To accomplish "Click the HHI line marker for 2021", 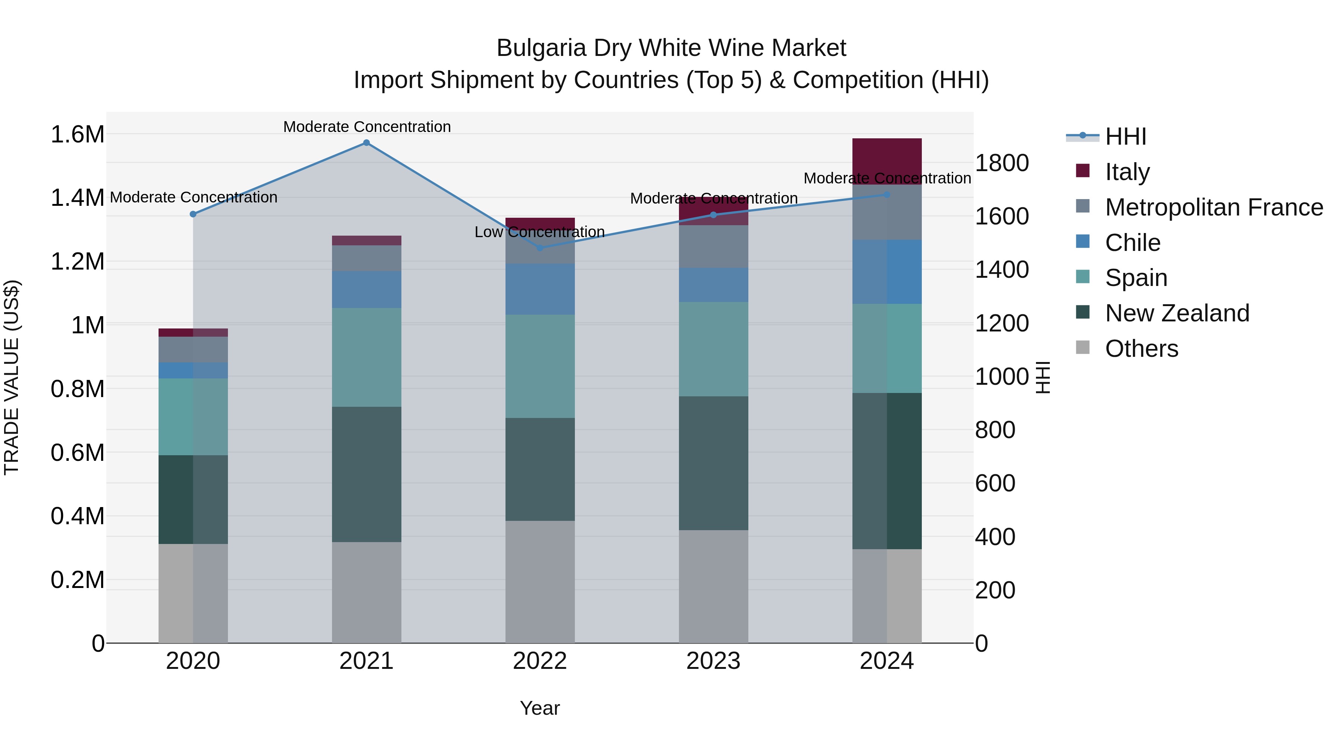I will click(366, 143).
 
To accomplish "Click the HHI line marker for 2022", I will click(540, 248).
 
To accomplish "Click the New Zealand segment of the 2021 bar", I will click(366, 474).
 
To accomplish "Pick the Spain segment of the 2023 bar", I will click(713, 349).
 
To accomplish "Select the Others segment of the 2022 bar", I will click(540, 582).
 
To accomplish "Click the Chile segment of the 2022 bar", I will click(540, 289).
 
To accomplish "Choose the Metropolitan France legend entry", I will click(1213, 207).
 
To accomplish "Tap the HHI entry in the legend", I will click(1125, 136).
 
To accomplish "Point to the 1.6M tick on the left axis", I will click(77, 135).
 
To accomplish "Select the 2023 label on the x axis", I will click(713, 661).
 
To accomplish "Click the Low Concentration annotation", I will click(539, 232).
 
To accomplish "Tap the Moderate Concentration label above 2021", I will click(366, 127).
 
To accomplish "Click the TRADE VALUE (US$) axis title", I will click(12, 377).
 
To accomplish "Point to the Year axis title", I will click(539, 708).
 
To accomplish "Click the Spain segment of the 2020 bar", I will click(193, 417).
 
